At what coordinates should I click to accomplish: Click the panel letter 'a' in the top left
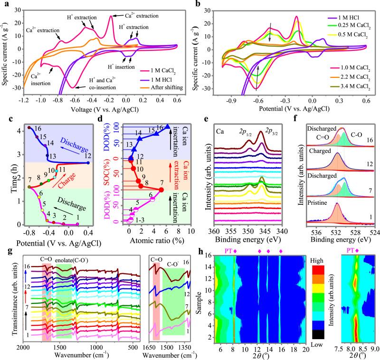click(4, 3)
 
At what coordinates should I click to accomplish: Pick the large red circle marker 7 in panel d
click(161, 190)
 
